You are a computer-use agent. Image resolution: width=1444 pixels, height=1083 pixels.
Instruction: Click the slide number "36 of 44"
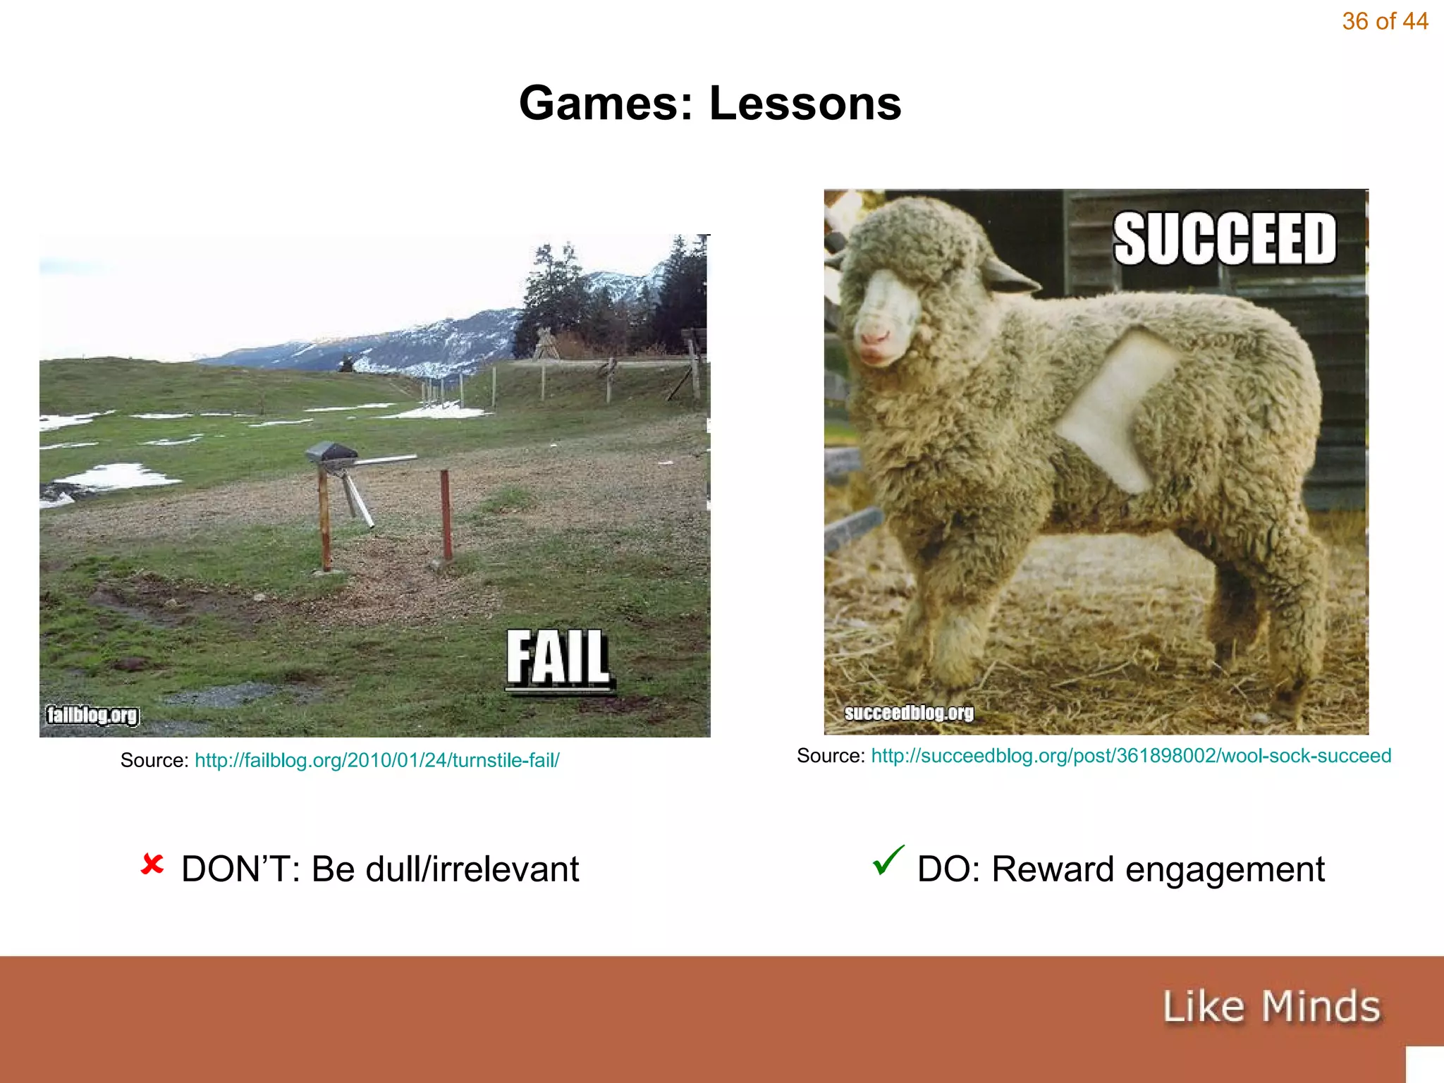(x=1384, y=22)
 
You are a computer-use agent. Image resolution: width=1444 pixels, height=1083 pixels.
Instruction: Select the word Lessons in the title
(x=804, y=104)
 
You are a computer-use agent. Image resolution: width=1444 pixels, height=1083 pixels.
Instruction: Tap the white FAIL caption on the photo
(x=558, y=658)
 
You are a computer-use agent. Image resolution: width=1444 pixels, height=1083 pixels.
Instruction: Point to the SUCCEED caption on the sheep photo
(x=1224, y=239)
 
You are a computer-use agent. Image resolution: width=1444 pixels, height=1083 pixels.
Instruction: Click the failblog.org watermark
(x=92, y=715)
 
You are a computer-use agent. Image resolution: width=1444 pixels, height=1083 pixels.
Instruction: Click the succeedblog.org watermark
(x=909, y=713)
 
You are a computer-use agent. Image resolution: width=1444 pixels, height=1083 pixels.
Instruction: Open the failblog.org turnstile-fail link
(x=377, y=760)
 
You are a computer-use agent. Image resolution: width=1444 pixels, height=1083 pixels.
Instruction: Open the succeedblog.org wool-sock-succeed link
(x=1131, y=756)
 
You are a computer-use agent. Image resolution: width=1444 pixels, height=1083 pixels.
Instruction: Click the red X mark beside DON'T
(x=152, y=864)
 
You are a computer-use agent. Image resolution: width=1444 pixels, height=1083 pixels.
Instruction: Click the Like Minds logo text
(x=1271, y=1006)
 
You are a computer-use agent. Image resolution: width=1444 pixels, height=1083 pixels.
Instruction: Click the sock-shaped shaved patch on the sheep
(x=1114, y=409)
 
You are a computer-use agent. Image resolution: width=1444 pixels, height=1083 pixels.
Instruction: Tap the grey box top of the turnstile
(x=330, y=452)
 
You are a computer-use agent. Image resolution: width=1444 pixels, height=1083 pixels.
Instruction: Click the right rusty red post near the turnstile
(x=446, y=515)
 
